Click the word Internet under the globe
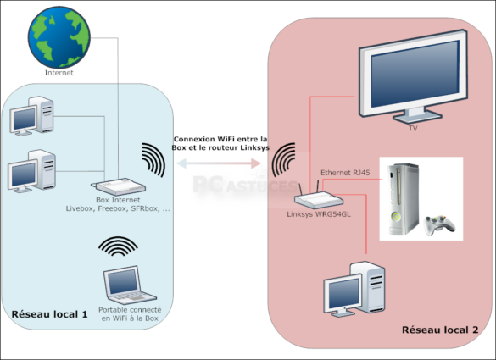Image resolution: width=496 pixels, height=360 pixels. click(59, 73)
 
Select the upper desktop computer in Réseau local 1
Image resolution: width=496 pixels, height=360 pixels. click(31, 116)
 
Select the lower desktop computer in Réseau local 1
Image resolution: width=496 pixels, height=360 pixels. click(31, 169)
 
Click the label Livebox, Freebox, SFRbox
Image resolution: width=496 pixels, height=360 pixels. click(118, 208)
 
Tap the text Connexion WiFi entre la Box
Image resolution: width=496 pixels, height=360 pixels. click(220, 139)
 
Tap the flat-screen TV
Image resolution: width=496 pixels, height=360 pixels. click(413, 81)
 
